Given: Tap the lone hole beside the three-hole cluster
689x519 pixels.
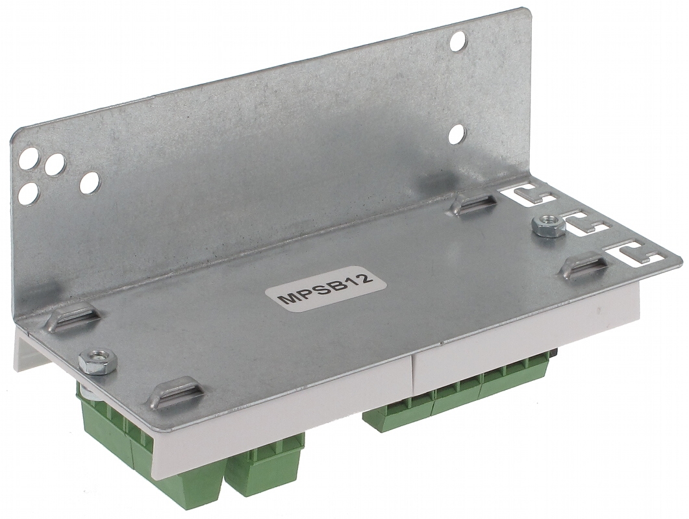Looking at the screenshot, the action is [x=89, y=182].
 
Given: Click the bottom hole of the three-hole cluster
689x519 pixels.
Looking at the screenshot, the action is [x=29, y=193].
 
